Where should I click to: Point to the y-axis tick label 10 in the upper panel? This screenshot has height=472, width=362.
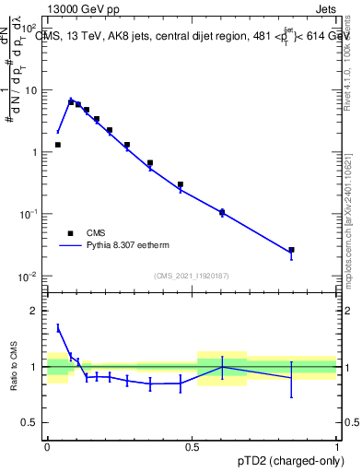pyautogui.click(x=31, y=90)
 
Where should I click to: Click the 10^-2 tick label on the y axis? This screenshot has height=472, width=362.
pyautogui.click(x=28, y=277)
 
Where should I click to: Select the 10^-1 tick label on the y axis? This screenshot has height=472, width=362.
pyautogui.click(x=28, y=214)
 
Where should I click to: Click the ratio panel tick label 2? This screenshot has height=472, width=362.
pyautogui.click(x=37, y=311)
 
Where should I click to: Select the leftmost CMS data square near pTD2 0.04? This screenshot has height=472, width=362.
pyautogui.click(x=58, y=145)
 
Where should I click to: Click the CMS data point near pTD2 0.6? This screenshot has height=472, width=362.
pyautogui.click(x=222, y=212)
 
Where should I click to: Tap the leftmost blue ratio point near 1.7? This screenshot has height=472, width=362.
pyautogui.click(x=58, y=327)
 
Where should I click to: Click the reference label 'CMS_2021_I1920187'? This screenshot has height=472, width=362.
pyautogui.click(x=191, y=276)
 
